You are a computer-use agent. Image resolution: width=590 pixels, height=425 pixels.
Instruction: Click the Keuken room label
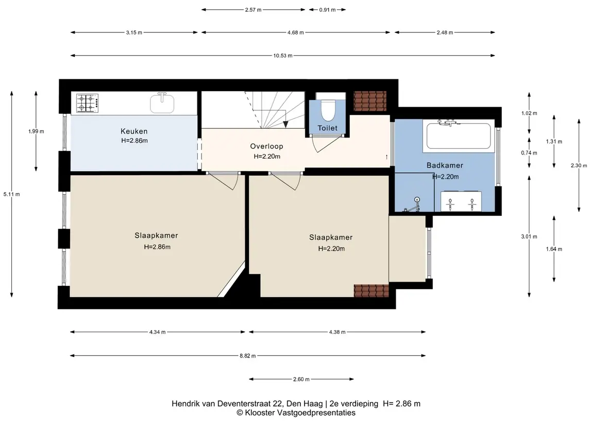[134, 131]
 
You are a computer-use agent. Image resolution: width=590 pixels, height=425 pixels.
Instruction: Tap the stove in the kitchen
[88, 103]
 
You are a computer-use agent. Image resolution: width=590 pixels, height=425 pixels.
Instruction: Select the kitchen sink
[162, 103]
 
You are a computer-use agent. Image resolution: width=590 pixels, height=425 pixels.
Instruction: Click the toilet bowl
[328, 109]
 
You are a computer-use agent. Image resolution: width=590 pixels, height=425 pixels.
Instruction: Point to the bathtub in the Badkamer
[458, 136]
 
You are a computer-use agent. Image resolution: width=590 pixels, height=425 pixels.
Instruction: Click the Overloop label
[266, 146]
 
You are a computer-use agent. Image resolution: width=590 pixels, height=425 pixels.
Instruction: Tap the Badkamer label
[445, 165]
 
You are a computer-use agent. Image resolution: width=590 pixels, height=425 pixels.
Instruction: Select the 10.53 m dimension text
[282, 56]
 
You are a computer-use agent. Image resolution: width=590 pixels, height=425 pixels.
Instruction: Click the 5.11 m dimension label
[12, 194]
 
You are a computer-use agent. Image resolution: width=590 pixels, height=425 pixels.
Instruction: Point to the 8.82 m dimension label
[247, 356]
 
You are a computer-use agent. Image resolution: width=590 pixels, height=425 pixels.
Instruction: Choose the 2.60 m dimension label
[301, 379]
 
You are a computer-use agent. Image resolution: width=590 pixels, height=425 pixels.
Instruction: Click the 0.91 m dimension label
[327, 10]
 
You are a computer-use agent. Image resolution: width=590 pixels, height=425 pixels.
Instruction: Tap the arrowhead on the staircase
[285, 125]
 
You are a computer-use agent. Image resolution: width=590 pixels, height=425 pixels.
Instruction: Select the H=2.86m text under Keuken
[134, 141]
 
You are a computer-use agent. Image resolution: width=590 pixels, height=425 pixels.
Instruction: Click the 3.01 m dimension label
[529, 236]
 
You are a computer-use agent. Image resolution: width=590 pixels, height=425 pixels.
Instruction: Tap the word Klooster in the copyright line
[260, 413]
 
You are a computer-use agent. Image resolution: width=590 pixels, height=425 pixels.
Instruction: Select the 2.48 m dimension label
[445, 32]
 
